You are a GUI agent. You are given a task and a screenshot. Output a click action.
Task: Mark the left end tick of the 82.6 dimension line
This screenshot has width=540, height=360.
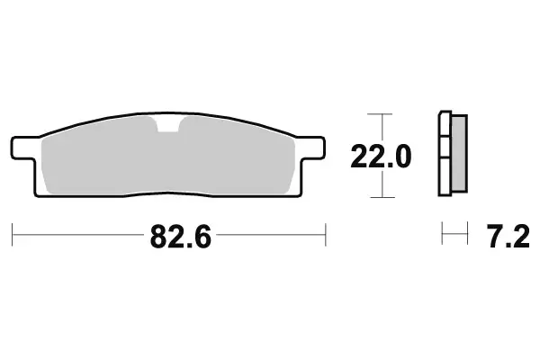[x=13, y=236]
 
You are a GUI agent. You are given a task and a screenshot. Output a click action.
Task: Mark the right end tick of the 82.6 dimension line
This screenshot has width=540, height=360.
[x=324, y=236]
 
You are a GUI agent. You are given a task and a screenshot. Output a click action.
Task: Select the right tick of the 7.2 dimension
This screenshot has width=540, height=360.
[x=469, y=236]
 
